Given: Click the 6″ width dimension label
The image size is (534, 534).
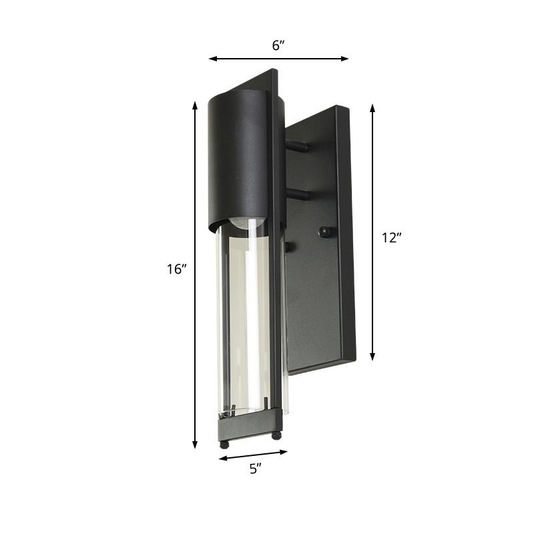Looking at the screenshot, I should pos(278,45).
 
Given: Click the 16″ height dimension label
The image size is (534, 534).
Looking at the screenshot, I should pos(176,270).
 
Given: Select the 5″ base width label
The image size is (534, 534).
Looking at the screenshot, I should pos(254,469).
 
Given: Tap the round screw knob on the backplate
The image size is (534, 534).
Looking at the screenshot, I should pos(324,232).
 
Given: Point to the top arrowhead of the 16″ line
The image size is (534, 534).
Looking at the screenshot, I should pos(195,105).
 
